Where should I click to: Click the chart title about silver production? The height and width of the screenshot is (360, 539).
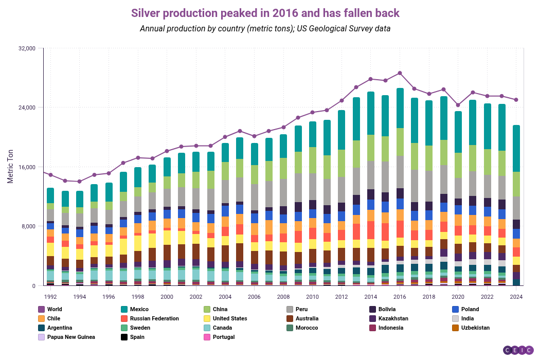pos(265,12)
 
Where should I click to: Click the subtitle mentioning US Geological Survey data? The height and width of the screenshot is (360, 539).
pos(265,28)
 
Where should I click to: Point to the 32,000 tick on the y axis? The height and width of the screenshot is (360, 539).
pos(26,48)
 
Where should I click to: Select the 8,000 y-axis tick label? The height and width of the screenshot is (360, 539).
pos(28,226)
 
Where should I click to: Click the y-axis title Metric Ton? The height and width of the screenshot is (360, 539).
pos(10,167)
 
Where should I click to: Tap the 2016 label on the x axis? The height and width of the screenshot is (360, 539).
pos(400,297)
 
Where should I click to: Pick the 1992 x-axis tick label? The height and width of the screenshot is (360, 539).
pos(50,297)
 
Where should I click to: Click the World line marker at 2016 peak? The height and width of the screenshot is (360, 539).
pos(400,73)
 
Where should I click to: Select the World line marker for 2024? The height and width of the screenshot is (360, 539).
pos(516,100)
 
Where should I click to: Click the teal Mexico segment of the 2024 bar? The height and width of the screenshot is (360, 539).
pos(516,148)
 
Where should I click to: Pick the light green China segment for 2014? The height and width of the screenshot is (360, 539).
pos(371,148)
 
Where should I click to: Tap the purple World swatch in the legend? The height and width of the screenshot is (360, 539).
pos(42,309)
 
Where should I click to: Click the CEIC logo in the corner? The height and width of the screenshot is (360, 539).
pos(517,350)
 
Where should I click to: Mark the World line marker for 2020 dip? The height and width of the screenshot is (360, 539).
pos(458,105)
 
